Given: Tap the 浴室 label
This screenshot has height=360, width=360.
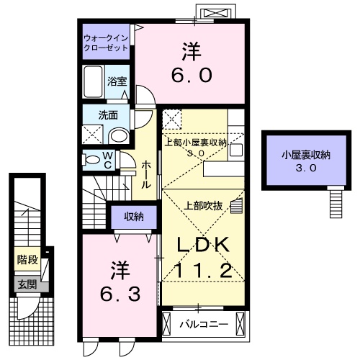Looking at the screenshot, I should click(x=117, y=81).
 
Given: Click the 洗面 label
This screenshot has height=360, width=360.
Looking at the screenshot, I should click(x=109, y=114).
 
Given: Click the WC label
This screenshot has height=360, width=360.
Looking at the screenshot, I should click(x=107, y=160).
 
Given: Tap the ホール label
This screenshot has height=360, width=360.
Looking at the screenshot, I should click(x=146, y=175).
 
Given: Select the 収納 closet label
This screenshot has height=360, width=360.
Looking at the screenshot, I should click(x=133, y=217).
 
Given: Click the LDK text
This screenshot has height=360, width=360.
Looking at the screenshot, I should click(x=204, y=245).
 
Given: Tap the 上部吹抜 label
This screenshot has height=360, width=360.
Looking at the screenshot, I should click(x=208, y=205).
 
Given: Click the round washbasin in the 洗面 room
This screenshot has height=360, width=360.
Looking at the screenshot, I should click(x=120, y=137).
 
